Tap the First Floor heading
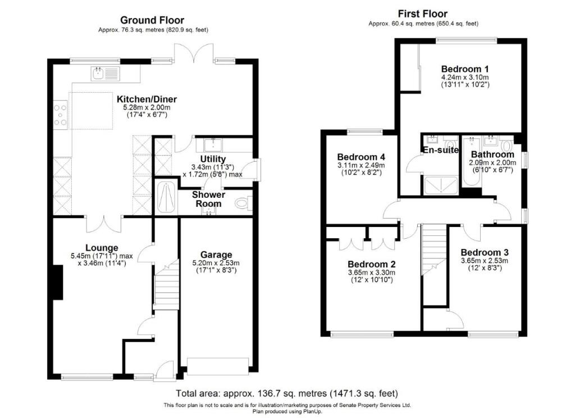click(423, 13)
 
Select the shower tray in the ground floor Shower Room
click(166, 197)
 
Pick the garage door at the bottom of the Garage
click(217, 366)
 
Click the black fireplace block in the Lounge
click(57, 283)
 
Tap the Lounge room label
click(102, 247)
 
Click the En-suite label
click(440, 150)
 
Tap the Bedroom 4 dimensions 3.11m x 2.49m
click(360, 166)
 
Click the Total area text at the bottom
click(287, 393)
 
